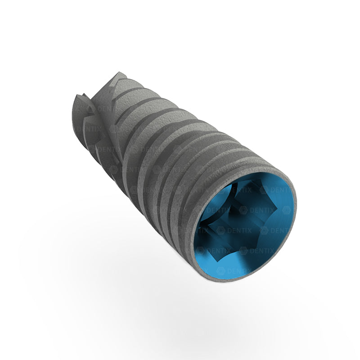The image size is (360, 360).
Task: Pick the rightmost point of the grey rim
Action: coord(297,198)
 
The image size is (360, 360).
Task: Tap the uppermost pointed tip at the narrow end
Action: coord(118,72)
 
